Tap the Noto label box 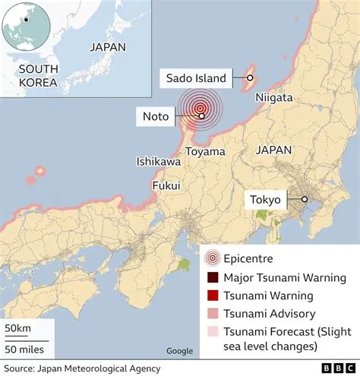155,116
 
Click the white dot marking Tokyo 305,200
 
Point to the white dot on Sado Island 249,77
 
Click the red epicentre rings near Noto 200,109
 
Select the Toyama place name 205,152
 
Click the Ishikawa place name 158,162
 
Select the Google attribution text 179,350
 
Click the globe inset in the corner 27,28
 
